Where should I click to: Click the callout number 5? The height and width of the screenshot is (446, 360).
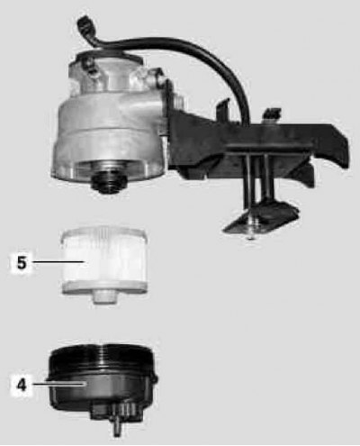pyautogui.click(x=22, y=263)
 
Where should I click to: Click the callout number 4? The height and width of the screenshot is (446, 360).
pyautogui.click(x=22, y=385)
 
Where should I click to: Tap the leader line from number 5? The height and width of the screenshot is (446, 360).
pyautogui.click(x=58, y=262)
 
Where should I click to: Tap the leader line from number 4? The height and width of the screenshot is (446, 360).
pyautogui.click(x=59, y=384)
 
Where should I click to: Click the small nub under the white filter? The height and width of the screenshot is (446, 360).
pyautogui.click(x=104, y=298)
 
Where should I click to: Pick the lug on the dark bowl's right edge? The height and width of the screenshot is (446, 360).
pyautogui.click(x=154, y=379)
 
